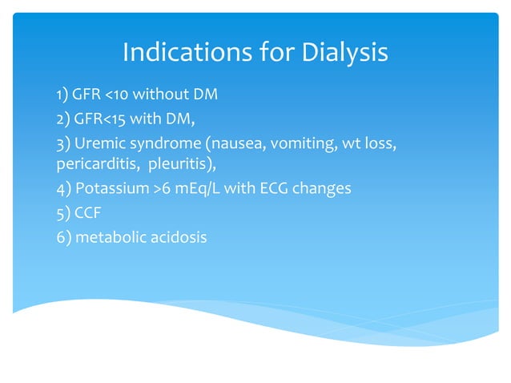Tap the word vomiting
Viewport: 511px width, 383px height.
[x=287, y=143]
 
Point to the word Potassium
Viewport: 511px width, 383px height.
[x=106, y=189]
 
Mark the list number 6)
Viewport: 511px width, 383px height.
[x=62, y=236]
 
